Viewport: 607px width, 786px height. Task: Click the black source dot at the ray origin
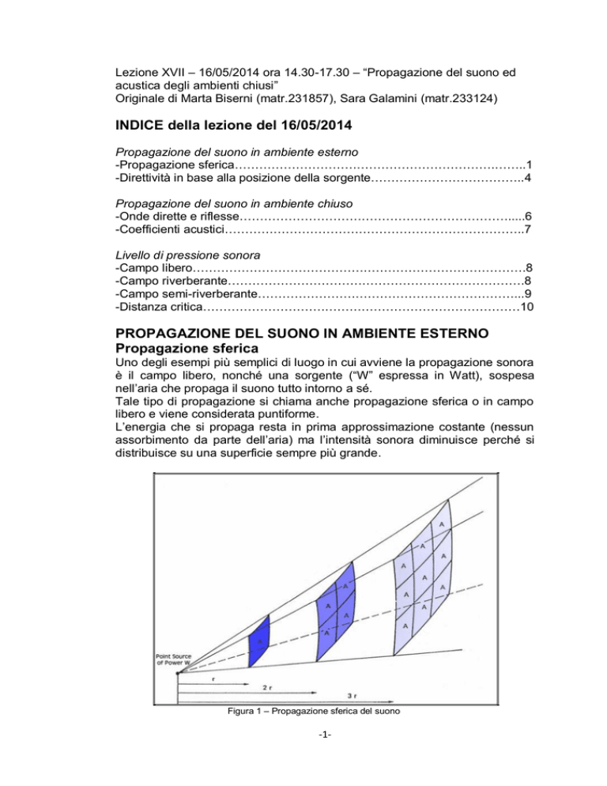click(177, 673)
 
